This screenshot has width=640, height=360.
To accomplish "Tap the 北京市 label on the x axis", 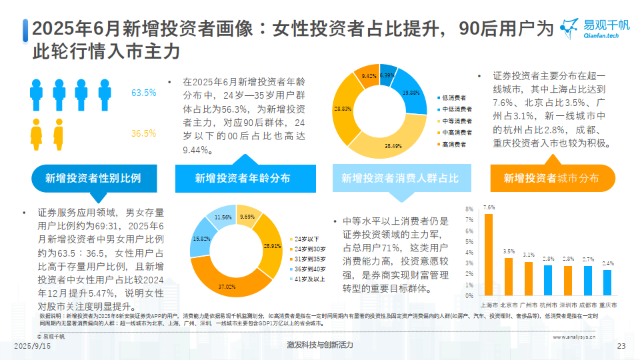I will coord(509,305).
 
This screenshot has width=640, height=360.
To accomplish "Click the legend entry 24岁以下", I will coord(306,239).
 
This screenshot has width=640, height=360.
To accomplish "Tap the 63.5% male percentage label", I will coord(143,93).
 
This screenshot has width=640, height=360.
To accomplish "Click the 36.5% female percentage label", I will coord(143,133).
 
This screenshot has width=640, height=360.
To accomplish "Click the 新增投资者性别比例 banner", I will coord(93,178).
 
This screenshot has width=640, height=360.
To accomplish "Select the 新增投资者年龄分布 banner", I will coord(243,178).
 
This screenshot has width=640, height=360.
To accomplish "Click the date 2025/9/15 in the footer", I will coord(31,345).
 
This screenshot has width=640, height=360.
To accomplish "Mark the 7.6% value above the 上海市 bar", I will coord(489,207).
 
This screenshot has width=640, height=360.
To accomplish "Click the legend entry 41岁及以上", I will coord(309,279).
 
